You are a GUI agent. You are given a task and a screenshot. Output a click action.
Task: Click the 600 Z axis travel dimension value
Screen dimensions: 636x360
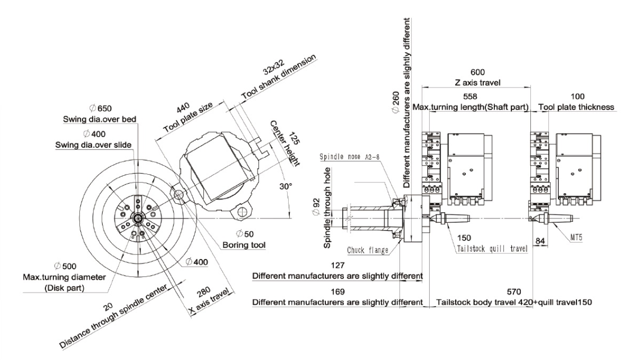478,72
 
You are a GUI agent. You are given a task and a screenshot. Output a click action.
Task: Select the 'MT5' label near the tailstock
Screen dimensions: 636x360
576,237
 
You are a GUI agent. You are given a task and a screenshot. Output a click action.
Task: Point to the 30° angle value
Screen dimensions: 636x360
285,186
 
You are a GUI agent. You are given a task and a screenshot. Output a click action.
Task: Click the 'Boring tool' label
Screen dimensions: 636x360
244,245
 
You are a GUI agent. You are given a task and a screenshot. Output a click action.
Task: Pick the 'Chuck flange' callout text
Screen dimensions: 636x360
368,250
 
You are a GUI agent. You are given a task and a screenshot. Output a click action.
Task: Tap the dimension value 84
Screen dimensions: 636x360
540,241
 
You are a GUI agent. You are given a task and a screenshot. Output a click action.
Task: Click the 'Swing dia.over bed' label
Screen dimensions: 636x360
100,119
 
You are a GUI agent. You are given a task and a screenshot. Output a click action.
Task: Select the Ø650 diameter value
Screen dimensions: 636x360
100,108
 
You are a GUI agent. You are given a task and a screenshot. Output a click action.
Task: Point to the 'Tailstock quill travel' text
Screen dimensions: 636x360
492,248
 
